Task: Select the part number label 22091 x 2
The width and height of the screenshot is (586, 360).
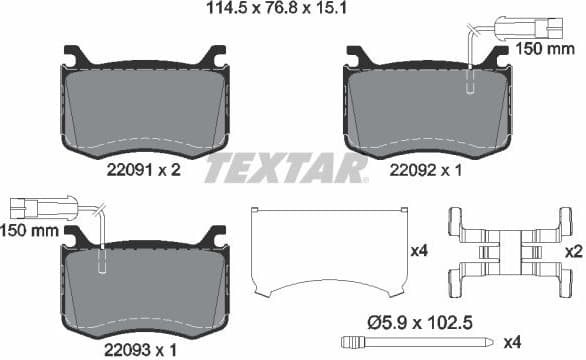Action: click(143, 171)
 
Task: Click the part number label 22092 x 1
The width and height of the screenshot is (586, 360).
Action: click(427, 171)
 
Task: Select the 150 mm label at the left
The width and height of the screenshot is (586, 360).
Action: click(28, 231)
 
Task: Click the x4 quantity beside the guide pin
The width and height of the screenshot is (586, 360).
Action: click(568, 343)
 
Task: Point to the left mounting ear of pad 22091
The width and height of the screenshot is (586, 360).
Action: click(72, 56)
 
